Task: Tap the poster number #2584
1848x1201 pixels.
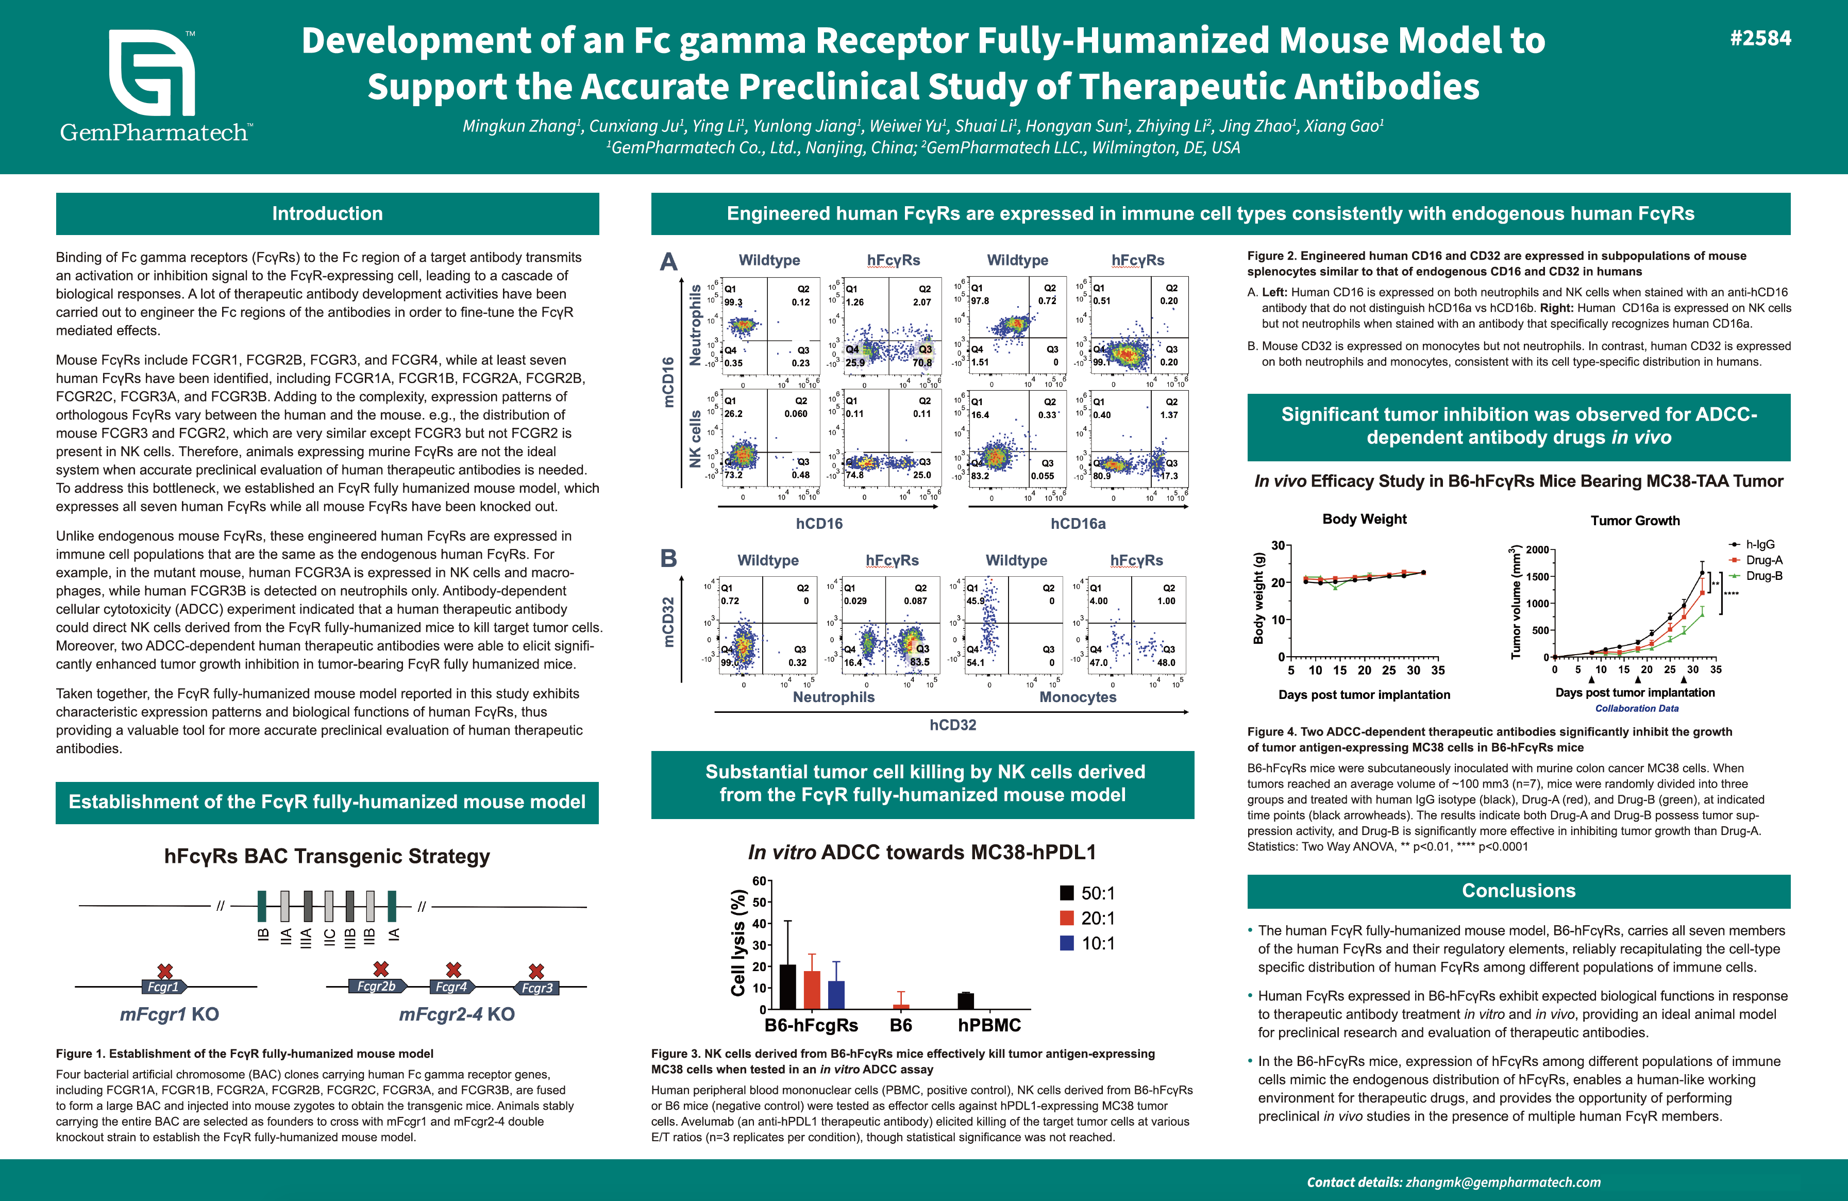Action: [1760, 39]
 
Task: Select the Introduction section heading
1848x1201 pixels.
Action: [327, 213]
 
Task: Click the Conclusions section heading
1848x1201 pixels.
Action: [1518, 891]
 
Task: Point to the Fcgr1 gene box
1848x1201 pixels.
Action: [164, 987]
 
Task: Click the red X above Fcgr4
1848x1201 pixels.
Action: [453, 970]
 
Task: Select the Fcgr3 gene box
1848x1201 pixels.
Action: [536, 988]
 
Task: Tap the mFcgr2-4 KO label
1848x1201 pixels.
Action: [457, 1014]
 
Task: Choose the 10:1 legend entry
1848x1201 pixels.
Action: [1087, 943]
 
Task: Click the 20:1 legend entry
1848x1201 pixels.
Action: [1087, 918]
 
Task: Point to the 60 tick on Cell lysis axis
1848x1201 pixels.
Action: [759, 881]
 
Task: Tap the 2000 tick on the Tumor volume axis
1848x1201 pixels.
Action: [1537, 550]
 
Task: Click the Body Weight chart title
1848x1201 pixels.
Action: [1364, 519]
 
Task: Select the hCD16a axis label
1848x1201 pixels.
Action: [1078, 524]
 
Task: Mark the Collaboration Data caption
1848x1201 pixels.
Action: [1637, 708]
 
